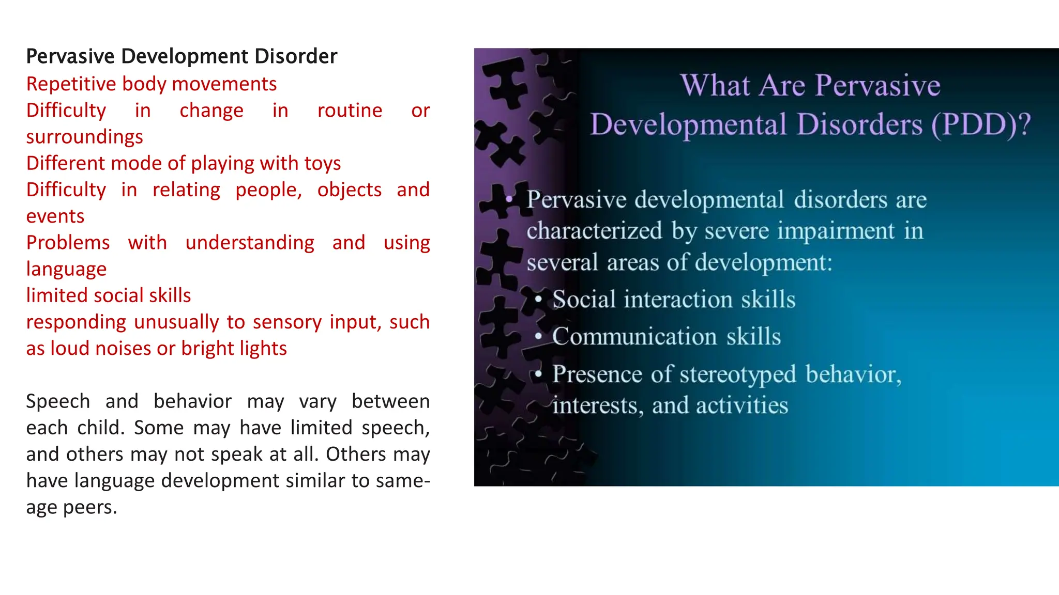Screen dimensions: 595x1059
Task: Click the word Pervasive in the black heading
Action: pyautogui.click(x=70, y=56)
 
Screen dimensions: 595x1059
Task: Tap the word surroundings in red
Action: pyautogui.click(x=84, y=137)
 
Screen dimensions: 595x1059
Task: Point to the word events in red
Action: pyautogui.click(x=55, y=216)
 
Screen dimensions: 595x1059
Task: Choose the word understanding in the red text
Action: pyautogui.click(x=250, y=243)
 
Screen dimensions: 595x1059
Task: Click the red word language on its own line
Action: pyautogui.click(x=66, y=269)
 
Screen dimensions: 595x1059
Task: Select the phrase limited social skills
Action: pyautogui.click(x=109, y=295)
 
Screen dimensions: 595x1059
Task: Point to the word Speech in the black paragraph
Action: pyautogui.click(x=58, y=401)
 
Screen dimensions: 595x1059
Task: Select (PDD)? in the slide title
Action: pyautogui.click(x=981, y=124)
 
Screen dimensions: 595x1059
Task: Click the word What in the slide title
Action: pyautogui.click(x=715, y=85)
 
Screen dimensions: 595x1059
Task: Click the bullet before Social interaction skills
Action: pyautogui.click(x=538, y=299)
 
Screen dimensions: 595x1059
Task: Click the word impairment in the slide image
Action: pyautogui.click(x=836, y=231)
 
